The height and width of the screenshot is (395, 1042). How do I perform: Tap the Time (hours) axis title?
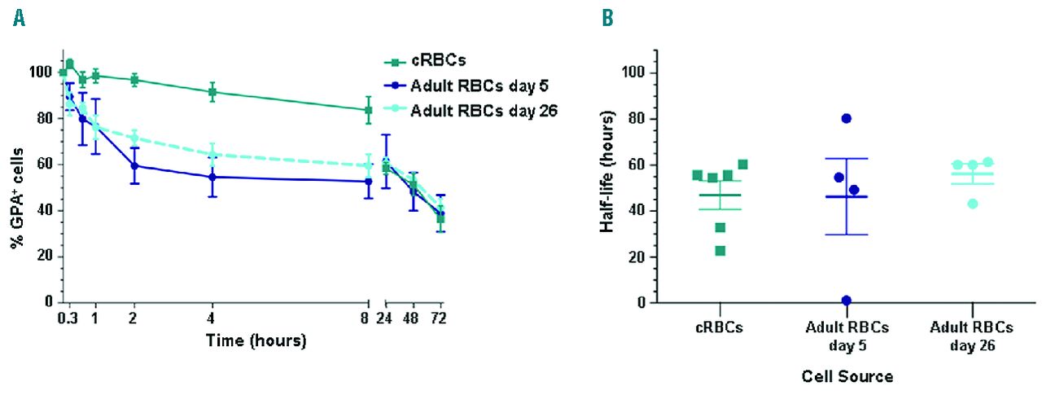[x=256, y=340]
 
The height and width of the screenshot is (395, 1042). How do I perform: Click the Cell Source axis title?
[x=847, y=376]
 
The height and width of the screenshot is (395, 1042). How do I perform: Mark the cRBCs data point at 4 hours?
[x=212, y=92]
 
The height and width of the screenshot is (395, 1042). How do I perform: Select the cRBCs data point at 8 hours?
[x=369, y=110]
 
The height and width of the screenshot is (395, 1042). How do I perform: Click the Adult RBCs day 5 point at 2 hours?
[x=134, y=165]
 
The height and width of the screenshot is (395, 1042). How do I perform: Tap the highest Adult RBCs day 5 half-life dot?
[x=846, y=118]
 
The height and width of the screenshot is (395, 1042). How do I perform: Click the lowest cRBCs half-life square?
[x=720, y=250]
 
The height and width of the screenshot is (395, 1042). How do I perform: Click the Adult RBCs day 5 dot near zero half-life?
[x=847, y=301]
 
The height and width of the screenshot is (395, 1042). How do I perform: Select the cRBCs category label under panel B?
[x=720, y=327]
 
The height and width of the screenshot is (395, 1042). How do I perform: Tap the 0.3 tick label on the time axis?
[x=67, y=318]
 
